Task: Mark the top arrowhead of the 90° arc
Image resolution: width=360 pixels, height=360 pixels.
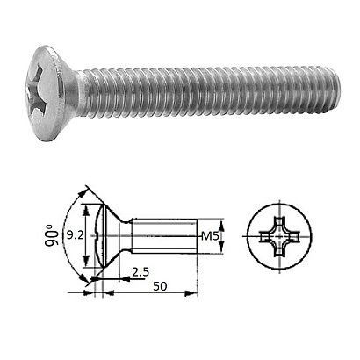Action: click(x=86, y=190)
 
